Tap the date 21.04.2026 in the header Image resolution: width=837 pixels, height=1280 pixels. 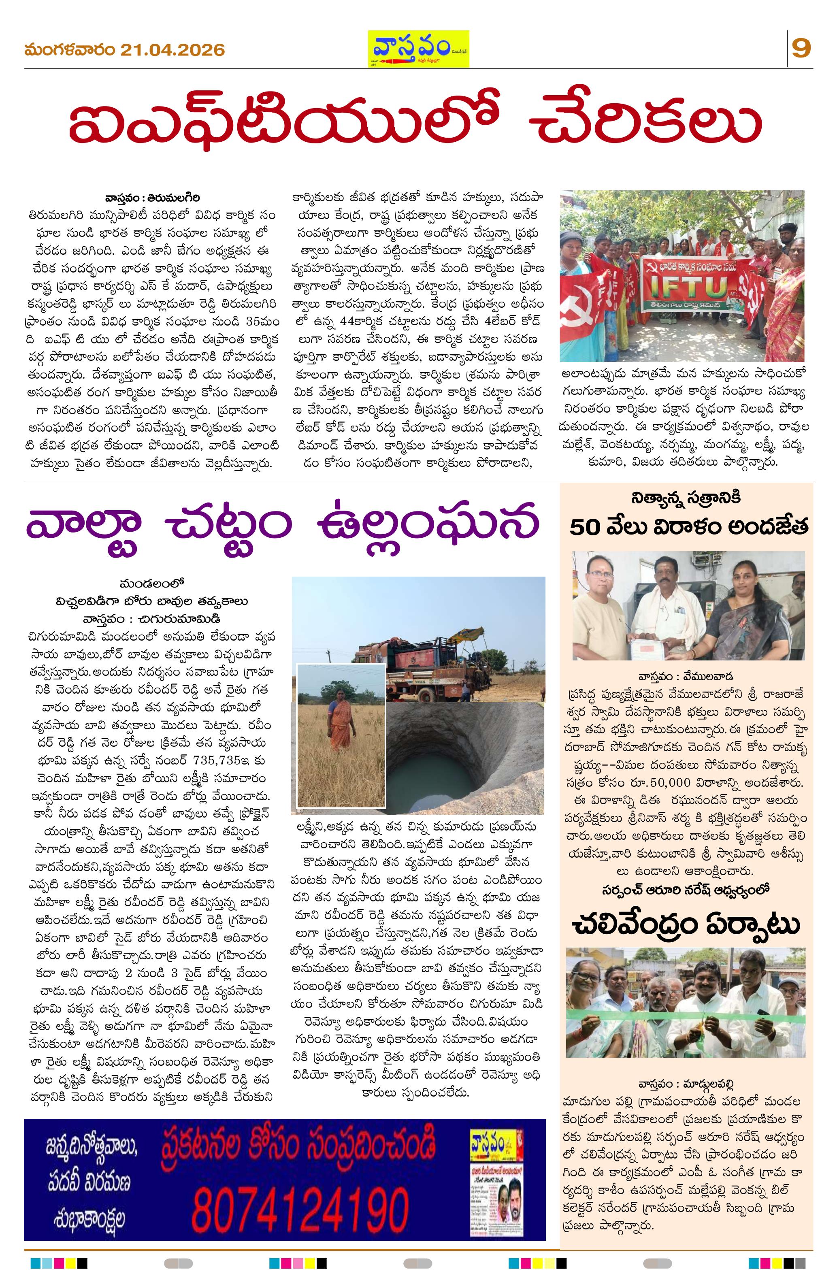(x=172, y=50)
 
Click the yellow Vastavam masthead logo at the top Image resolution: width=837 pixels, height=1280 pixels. (x=417, y=49)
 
